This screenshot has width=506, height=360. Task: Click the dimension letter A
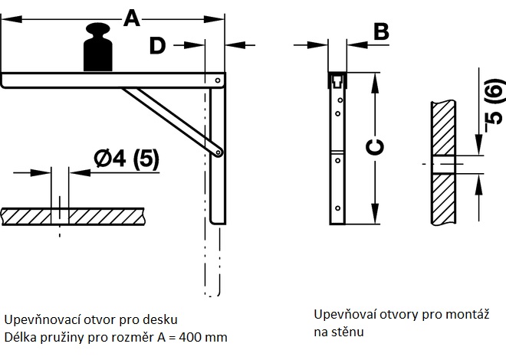132,17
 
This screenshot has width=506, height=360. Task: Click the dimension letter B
380,31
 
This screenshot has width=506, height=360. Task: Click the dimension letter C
375,148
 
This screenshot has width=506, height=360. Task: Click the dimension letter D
157,46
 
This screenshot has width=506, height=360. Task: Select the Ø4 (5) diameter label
127,159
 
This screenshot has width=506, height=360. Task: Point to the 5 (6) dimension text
495,103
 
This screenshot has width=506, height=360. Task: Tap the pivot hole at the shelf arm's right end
219,80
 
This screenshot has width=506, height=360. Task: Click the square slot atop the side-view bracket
337,81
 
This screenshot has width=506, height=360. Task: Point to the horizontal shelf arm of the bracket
107,80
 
